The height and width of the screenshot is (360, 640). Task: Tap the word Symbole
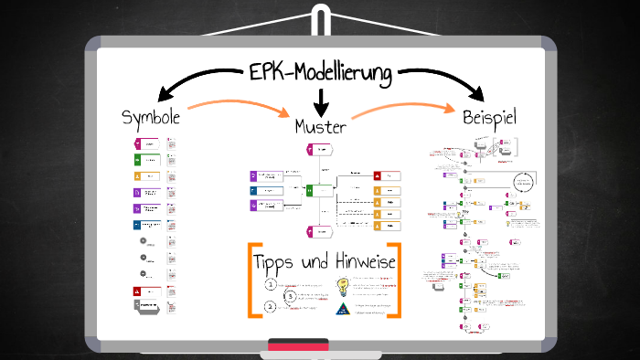[x=151, y=118]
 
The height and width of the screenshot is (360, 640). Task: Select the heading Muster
[x=320, y=125]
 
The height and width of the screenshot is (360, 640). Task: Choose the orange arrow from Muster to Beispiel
[x=402, y=108]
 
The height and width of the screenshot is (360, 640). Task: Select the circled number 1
[x=271, y=285]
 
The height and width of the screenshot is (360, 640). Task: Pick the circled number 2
[x=271, y=307]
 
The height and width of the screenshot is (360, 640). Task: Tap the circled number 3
[x=290, y=296]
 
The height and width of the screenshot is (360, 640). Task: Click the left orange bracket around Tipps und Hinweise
[x=251, y=280]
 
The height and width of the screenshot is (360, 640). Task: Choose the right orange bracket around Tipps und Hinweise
[x=395, y=280]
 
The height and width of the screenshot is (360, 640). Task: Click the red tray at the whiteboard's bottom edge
[x=298, y=346]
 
